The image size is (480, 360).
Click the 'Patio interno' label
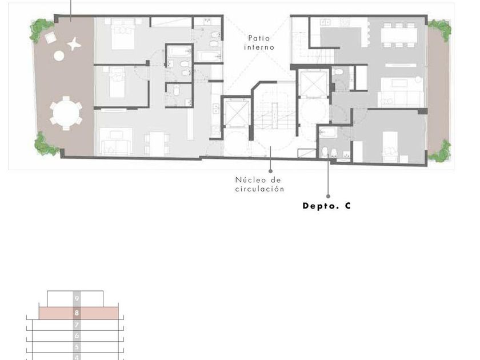click(x=259, y=43)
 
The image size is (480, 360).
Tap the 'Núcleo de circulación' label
click(x=259, y=185)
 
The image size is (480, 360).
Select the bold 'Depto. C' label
click(x=327, y=206)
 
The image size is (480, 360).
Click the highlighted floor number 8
click(x=77, y=313)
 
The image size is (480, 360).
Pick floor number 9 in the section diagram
click(x=77, y=298)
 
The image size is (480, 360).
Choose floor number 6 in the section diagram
click(x=77, y=336)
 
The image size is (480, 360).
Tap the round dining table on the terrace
click(x=66, y=113)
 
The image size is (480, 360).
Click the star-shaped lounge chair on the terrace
click(x=74, y=44)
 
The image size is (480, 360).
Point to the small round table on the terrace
click(x=59, y=56)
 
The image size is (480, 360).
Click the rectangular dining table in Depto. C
click(x=399, y=35)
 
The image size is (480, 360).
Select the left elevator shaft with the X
click(x=237, y=113)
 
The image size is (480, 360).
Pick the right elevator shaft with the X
click(x=314, y=83)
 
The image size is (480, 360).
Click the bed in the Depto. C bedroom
click(x=390, y=147)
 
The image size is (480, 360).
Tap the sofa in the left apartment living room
click(x=117, y=145)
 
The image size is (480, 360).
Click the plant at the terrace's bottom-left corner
click(x=46, y=144)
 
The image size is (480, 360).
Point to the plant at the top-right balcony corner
click(x=441, y=30)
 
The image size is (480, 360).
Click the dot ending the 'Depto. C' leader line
click(x=328, y=196)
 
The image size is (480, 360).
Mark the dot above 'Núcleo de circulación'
click(x=270, y=171)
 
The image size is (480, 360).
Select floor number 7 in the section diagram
click(x=77, y=325)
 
